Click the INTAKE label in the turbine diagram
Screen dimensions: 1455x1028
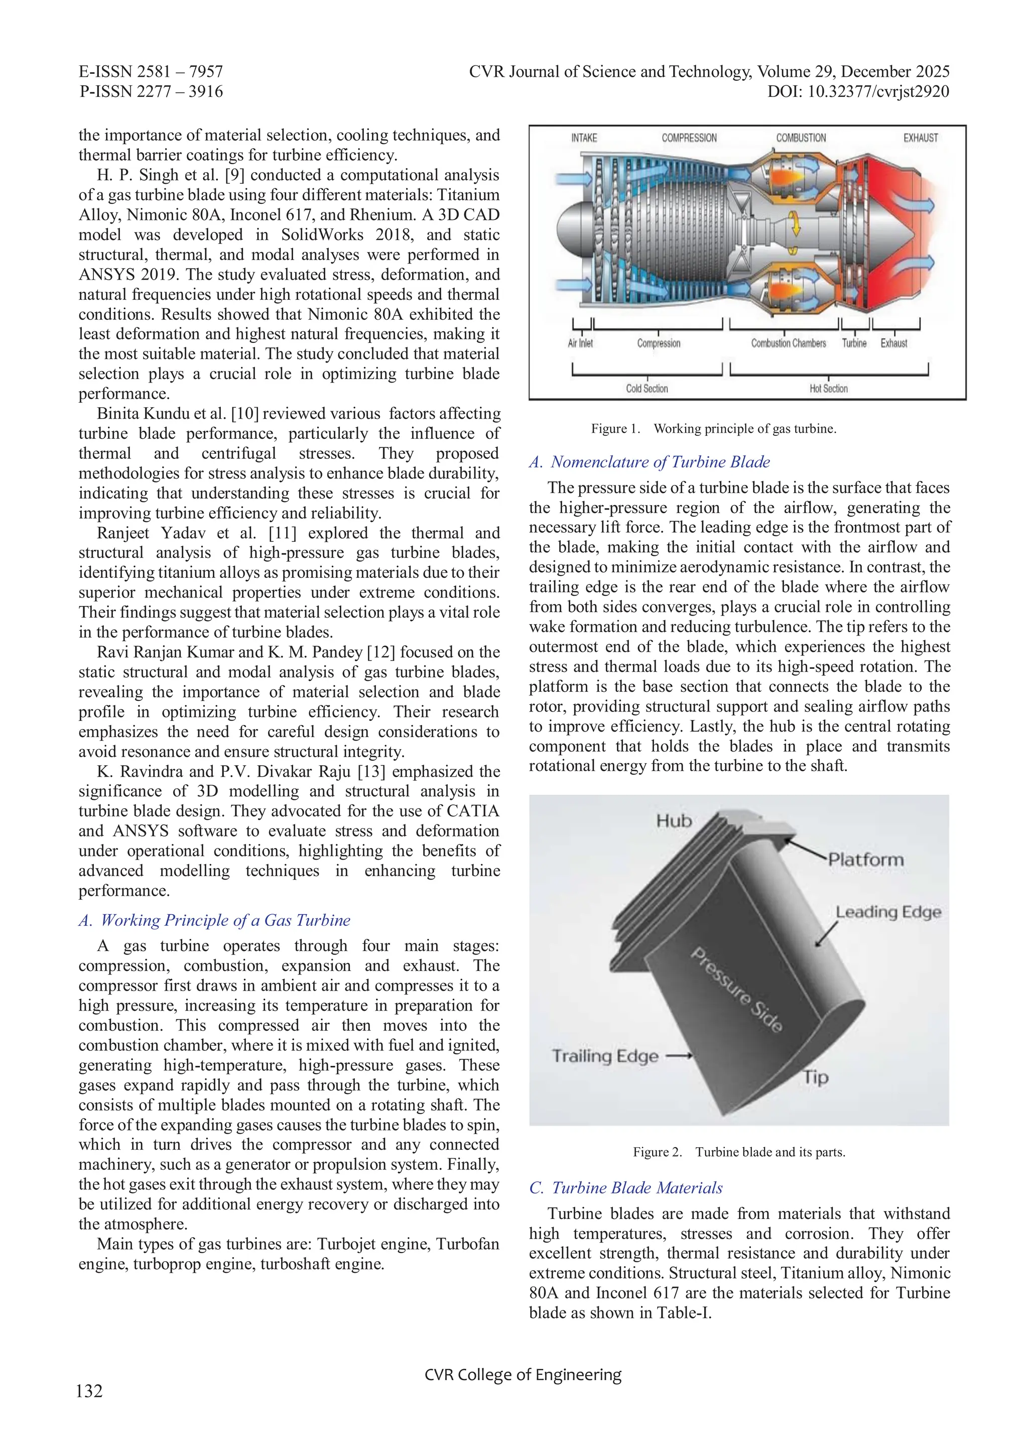pyautogui.click(x=583, y=138)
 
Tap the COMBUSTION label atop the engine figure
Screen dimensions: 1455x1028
pyautogui.click(x=801, y=138)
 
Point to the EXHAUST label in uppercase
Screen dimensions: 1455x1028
pyautogui.click(x=920, y=138)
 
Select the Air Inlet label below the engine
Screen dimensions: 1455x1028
pyautogui.click(x=580, y=343)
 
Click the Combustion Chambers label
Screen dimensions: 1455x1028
pyautogui.click(x=789, y=343)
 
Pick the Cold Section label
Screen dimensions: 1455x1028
pyautogui.click(x=647, y=389)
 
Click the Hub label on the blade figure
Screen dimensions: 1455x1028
pyautogui.click(x=673, y=821)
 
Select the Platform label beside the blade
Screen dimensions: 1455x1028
pyautogui.click(x=866, y=860)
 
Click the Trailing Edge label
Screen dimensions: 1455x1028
pyautogui.click(x=605, y=1056)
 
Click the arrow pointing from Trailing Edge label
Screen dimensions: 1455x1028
pyautogui.click(x=679, y=1056)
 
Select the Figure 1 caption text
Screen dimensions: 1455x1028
pyautogui.click(x=713, y=429)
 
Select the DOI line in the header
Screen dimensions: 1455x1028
pyautogui.click(x=858, y=92)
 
